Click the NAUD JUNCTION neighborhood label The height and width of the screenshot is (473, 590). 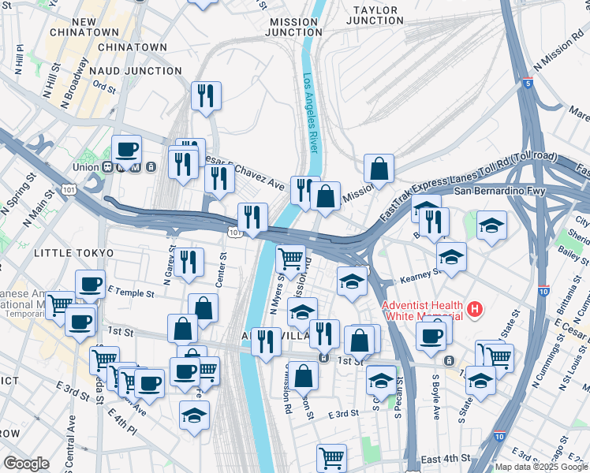tap(136, 71)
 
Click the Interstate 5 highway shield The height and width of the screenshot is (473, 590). tap(528, 82)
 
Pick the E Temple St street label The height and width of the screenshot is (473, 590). tap(130, 292)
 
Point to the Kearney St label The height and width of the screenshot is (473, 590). tap(418, 274)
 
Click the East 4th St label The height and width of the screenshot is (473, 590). tap(446, 459)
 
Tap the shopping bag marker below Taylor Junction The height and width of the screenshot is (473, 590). tap(379, 168)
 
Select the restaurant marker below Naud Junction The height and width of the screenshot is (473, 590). tap(206, 96)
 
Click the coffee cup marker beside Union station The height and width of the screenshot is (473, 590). tap(126, 148)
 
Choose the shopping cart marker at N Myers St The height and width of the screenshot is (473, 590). tap(290, 258)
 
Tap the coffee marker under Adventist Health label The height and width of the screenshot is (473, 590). tap(431, 337)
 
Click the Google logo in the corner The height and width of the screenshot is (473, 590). tap(26, 464)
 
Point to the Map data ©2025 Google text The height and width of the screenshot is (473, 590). tap(541, 467)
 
